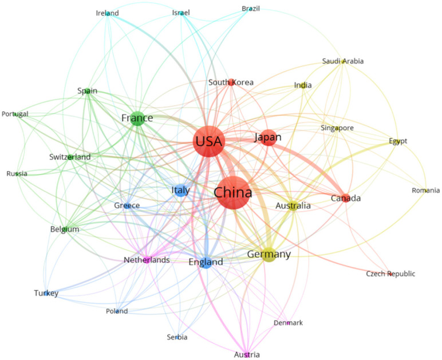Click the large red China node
(x=232, y=193)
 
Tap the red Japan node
(x=268, y=137)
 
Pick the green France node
(x=137, y=118)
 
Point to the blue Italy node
(x=181, y=191)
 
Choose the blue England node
(x=206, y=262)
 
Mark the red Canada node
(x=346, y=198)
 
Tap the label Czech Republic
(x=391, y=274)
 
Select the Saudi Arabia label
(x=343, y=61)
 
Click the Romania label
(x=425, y=191)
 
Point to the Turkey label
(x=46, y=294)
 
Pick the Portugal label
(x=15, y=114)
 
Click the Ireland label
(x=107, y=13)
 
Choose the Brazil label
(x=251, y=9)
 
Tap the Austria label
(x=247, y=355)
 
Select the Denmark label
(x=288, y=323)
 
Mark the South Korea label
(x=231, y=82)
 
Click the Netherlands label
(x=147, y=260)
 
